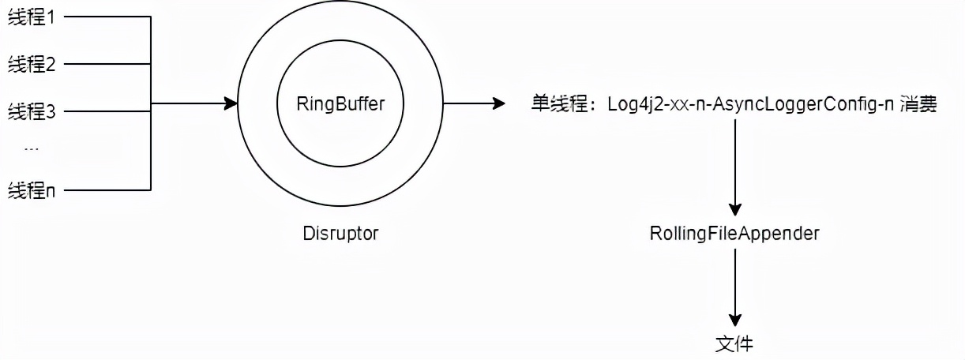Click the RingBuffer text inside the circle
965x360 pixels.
point(340,104)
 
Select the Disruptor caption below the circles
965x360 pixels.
point(340,234)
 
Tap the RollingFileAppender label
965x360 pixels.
point(734,234)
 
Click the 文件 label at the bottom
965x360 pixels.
point(734,344)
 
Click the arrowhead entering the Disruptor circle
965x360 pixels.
point(231,103)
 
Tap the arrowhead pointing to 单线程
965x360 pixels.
point(498,103)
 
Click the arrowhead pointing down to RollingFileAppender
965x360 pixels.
point(735,209)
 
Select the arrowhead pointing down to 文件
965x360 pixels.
point(735,320)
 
